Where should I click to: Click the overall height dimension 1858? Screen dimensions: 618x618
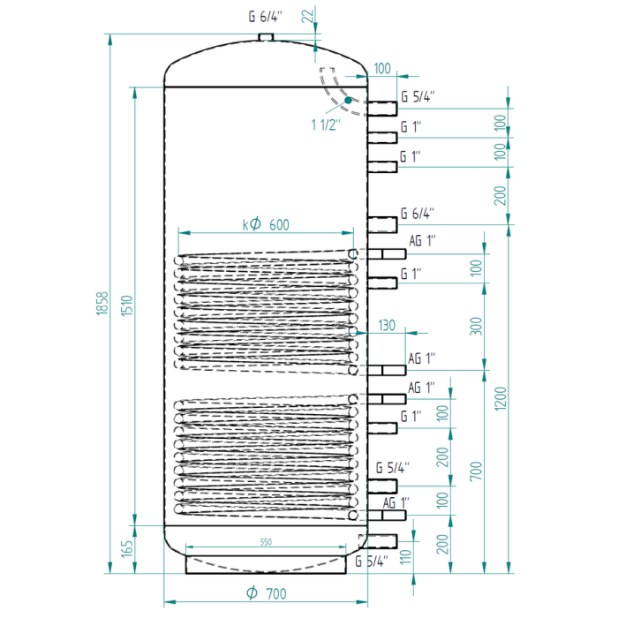point(102,303)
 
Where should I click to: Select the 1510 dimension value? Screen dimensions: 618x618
point(127,305)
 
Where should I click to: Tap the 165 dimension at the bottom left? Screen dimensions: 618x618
point(127,549)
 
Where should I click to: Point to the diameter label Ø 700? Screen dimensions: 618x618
point(267,593)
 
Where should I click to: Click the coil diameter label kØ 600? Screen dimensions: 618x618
point(266,224)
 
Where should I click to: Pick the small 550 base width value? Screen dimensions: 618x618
point(266,542)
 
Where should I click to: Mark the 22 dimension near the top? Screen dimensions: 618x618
point(308,16)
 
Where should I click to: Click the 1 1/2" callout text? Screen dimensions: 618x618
point(326,124)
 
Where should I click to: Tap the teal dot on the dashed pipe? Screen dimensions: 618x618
point(348,100)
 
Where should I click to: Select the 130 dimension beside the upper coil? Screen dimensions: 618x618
point(387,325)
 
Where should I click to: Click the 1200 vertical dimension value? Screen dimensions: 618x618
point(501,398)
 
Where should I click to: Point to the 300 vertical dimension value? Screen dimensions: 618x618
point(476,327)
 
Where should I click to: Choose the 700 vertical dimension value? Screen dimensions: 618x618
point(476,471)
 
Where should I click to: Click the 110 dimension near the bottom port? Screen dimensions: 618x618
point(405,557)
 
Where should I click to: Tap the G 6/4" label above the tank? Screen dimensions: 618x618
point(266,17)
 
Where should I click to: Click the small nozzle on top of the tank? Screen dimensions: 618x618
point(266,37)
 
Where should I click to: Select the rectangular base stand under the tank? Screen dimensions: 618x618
point(266,564)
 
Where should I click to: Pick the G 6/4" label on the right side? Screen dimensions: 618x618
point(418,214)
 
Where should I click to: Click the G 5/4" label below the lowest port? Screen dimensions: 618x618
point(372,561)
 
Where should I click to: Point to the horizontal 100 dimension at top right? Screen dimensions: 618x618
point(382,69)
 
